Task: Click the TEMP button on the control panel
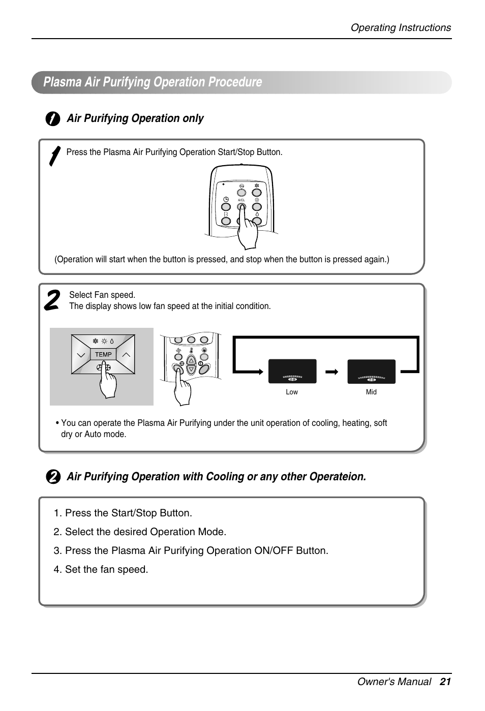103,354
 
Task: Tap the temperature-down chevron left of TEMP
80,354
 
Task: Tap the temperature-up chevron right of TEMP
126,354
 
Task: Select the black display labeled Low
292,371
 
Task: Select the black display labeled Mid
371,371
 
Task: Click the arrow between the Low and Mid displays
332,372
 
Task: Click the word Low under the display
292,392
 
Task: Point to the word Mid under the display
371,392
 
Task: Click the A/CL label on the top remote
241,200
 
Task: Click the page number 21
445,682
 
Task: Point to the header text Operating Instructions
401,28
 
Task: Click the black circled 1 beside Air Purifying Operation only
52,119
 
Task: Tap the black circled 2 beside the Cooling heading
52,477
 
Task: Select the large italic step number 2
52,300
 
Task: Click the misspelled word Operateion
338,477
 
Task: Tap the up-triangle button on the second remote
191,360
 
